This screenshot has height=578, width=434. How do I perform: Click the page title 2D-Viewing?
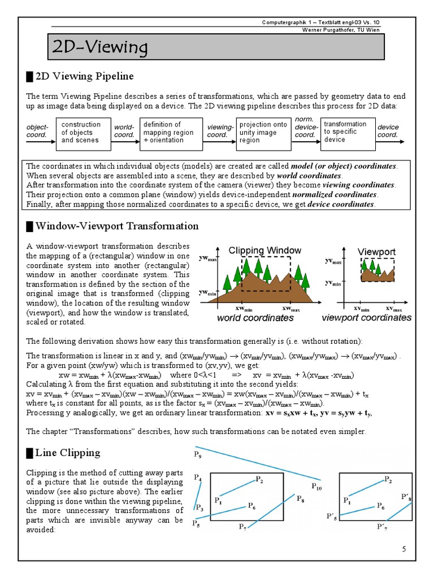click(99, 48)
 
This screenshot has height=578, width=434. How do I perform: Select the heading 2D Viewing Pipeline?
click(84, 76)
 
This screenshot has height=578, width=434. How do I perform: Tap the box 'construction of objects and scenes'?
click(81, 132)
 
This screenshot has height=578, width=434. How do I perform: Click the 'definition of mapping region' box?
click(169, 132)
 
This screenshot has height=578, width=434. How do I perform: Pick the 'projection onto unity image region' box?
click(263, 132)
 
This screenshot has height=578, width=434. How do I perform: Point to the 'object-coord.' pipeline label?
click(38, 132)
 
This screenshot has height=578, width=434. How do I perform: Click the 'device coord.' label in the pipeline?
click(388, 132)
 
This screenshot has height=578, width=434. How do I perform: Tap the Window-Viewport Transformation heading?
click(116, 226)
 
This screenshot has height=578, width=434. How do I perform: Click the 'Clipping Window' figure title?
click(264, 250)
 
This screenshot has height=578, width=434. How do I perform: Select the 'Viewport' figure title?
click(376, 251)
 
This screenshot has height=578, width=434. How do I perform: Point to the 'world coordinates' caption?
click(255, 318)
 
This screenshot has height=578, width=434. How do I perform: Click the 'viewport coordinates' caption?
click(366, 318)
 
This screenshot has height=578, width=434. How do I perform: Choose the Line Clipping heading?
click(67, 452)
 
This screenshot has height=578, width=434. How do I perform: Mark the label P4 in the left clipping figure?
click(198, 478)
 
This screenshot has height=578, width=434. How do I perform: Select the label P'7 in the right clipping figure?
click(383, 527)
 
